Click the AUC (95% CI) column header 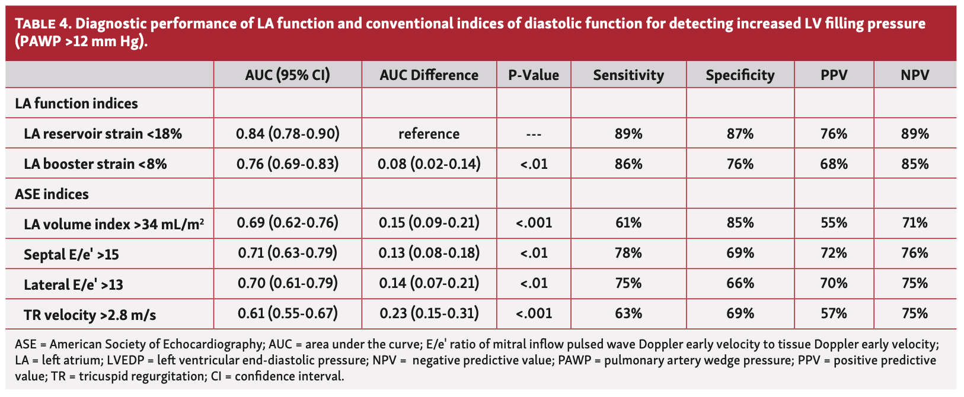[x=288, y=75]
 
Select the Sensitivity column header [x=628, y=75]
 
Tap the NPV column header [x=915, y=75]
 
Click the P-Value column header [x=534, y=75]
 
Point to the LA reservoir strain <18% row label [x=103, y=134]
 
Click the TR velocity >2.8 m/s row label [x=90, y=315]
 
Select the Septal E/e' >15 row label [x=71, y=254]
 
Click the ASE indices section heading [x=52, y=194]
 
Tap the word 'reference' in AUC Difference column [x=429, y=134]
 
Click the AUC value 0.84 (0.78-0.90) [x=288, y=134]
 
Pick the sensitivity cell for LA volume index [x=628, y=223]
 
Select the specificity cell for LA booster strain [x=740, y=164]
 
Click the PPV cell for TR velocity [x=834, y=313]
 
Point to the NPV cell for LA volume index [x=915, y=223]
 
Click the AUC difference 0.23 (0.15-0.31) [x=429, y=313]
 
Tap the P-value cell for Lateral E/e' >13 [x=534, y=283]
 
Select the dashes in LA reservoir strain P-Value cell [x=534, y=135]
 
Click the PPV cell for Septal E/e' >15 [x=834, y=254]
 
